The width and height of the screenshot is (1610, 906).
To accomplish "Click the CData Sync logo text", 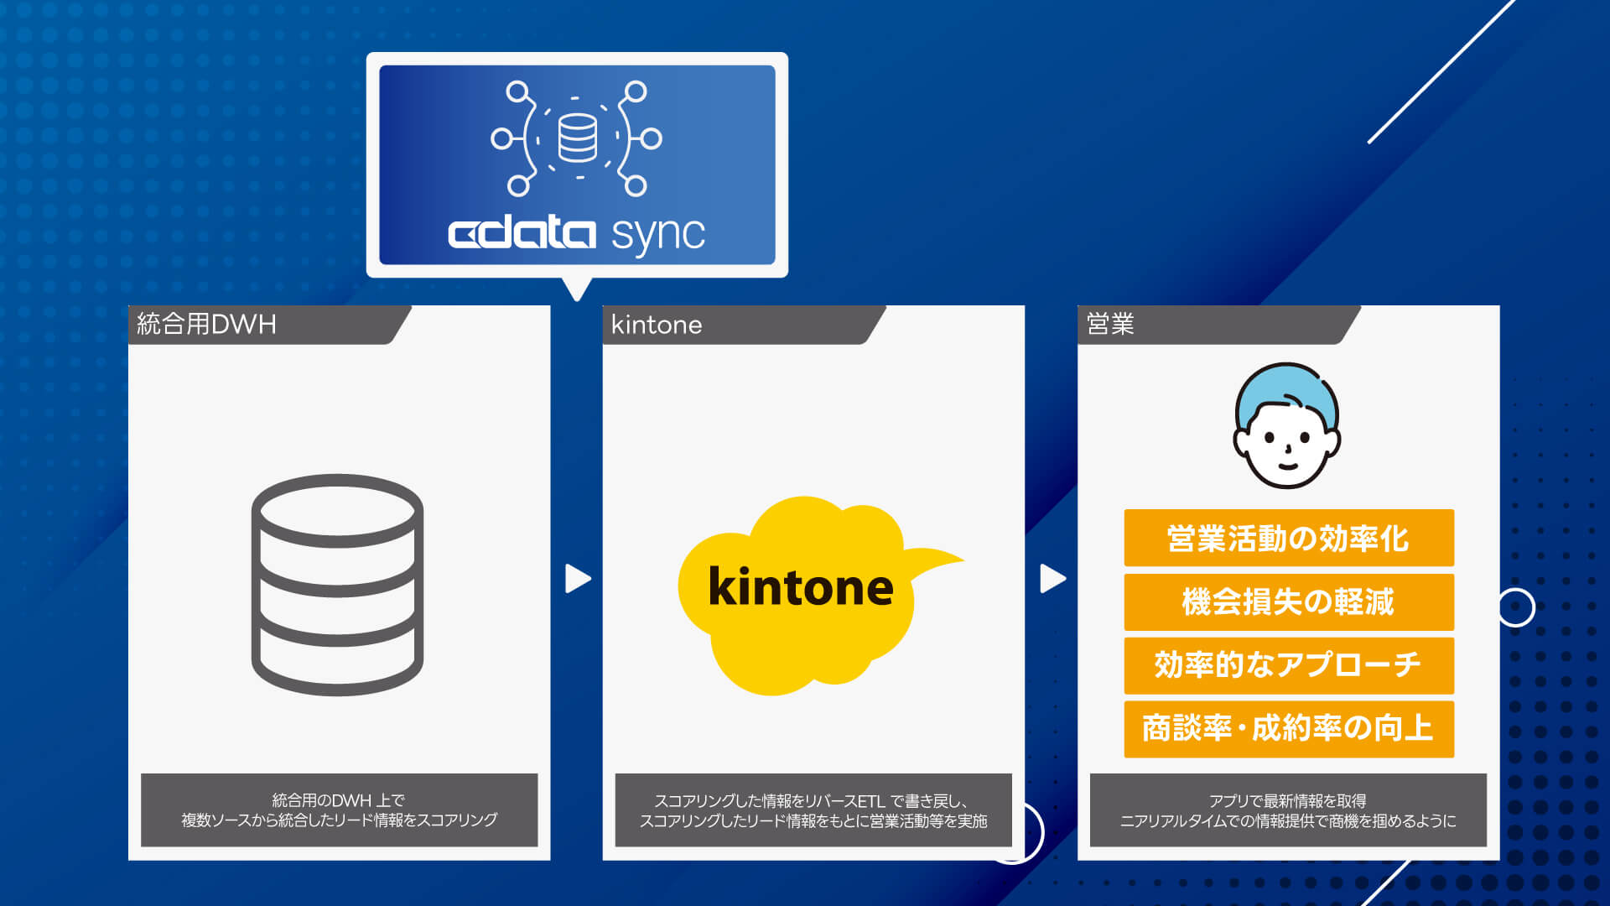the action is coord(577,233).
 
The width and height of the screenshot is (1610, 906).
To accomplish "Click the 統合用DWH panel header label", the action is coord(206,324).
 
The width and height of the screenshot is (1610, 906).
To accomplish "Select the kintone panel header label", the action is coord(657,325).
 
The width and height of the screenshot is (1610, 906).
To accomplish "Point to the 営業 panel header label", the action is coord(1110,324).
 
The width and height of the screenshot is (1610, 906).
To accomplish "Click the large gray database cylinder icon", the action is coord(337,585).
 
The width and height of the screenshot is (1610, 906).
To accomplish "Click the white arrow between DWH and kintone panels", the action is coord(578,578).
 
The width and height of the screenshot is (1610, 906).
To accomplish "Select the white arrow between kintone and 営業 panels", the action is coord(1053,578).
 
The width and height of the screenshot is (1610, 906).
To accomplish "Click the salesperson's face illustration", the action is coord(1287,426).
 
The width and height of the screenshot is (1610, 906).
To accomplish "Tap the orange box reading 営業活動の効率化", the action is coord(1289,538).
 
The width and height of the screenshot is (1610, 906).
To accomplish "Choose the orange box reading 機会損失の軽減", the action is coord(1289,601).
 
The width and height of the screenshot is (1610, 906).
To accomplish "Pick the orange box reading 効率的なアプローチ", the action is coord(1289,664).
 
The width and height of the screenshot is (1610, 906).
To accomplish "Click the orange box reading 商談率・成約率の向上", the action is coord(1289,728).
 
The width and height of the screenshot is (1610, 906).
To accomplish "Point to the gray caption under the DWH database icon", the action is coord(340,810).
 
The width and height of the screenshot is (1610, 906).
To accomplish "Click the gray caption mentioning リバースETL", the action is coord(813,810).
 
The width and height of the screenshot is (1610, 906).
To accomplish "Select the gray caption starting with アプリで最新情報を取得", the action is coord(1288,810).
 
